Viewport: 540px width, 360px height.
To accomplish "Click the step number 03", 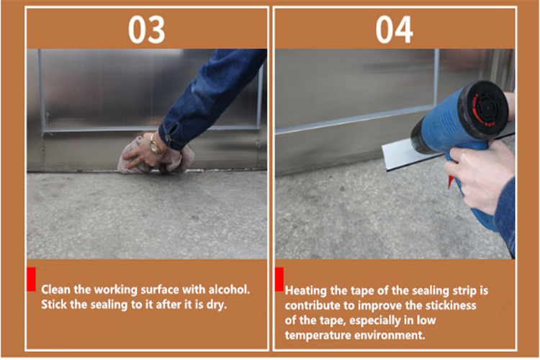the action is [146, 30].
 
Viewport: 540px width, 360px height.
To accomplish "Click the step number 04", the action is [395, 30].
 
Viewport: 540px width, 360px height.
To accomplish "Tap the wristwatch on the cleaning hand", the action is [156, 145].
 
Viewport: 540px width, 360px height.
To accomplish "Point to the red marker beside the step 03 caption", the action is [32, 279].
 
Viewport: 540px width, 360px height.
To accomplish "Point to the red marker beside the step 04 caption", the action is [279, 279].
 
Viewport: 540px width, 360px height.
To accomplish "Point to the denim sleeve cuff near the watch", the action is [171, 135].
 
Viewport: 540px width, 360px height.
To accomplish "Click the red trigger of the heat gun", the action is [451, 181].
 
